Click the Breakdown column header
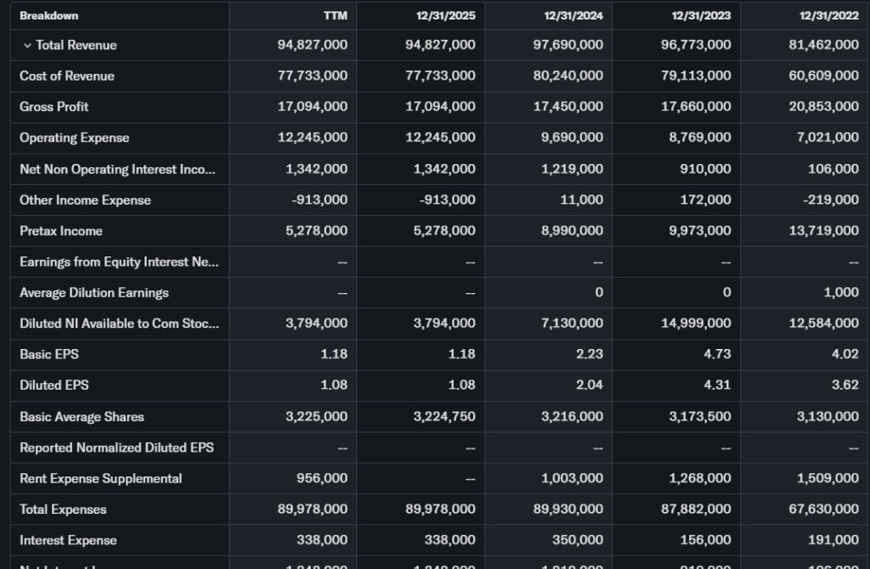pos(49,16)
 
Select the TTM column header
pos(336,16)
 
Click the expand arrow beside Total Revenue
pos(27,45)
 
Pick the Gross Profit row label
pos(54,107)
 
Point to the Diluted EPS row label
pos(54,386)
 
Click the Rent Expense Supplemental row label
pos(100,478)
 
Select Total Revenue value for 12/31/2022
pos(824,45)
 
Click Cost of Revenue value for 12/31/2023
pos(696,76)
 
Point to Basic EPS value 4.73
pos(718,354)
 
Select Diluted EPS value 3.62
pos(845,386)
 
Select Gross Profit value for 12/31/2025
pos(440,107)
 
